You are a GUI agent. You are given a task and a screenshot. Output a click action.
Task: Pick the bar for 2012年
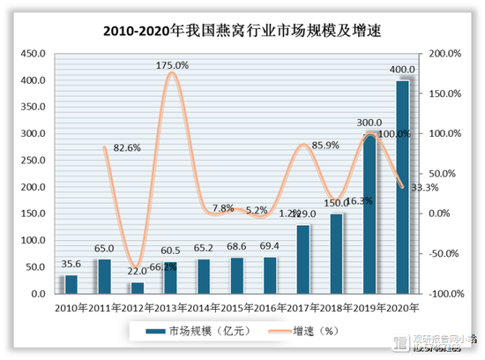137,288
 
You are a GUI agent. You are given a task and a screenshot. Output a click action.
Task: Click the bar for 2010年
71,284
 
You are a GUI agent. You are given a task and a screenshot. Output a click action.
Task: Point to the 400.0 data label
402,70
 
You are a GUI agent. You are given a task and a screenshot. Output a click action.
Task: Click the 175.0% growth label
172,65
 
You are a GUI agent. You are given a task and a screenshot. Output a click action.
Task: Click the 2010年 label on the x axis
71,306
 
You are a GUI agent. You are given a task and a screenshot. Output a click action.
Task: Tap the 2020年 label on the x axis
401,306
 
